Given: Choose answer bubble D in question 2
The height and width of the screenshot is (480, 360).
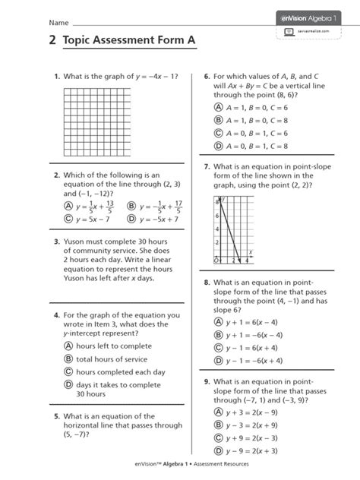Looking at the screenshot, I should tap(131, 219).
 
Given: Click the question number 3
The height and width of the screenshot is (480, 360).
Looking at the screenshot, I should tap(56, 243).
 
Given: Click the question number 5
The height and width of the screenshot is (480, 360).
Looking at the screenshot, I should tap(56, 416).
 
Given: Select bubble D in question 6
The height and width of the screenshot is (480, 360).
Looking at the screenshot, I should tap(218, 146).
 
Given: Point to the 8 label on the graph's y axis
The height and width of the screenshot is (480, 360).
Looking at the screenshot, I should tap(217, 203).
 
